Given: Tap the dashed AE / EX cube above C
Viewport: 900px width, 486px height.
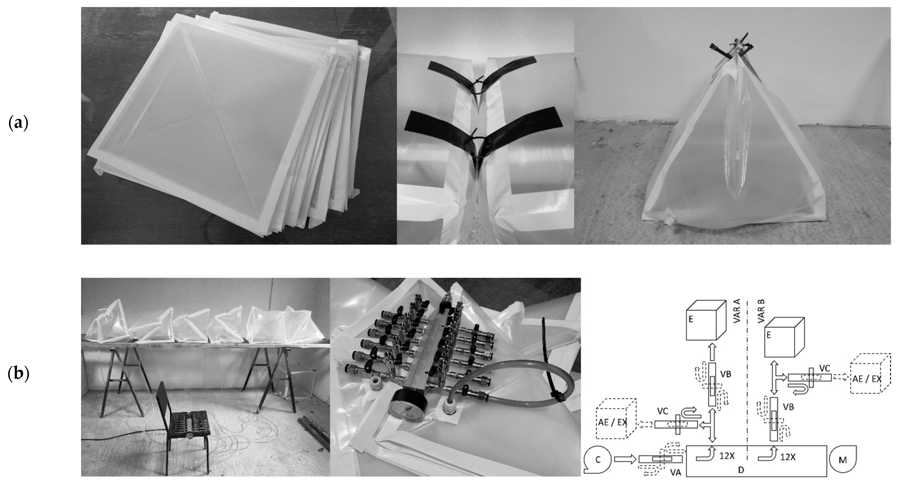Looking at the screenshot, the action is [616, 423].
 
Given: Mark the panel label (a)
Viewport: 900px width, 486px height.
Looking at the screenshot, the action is [18, 124].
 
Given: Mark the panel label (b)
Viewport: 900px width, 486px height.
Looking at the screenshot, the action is [18, 374].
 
